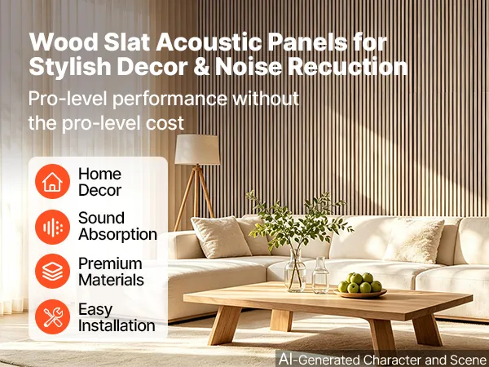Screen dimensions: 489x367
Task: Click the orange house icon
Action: tap(52, 181)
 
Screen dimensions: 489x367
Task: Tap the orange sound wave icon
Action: tap(52, 227)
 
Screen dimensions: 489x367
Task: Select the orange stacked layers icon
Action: tap(52, 271)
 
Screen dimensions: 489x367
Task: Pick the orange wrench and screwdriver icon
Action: tap(52, 316)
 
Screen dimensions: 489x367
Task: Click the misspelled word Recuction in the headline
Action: tap(347, 66)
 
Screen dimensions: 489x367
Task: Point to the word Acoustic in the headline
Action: tap(209, 42)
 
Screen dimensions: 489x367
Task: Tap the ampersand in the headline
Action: tap(201, 67)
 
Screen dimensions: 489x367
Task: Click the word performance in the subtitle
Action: tap(170, 99)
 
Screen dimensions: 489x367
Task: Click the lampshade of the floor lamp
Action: tap(197, 149)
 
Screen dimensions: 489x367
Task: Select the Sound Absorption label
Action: tap(117, 226)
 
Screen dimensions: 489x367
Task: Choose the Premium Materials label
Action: tap(111, 272)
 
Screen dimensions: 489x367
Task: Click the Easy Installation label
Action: tap(117, 318)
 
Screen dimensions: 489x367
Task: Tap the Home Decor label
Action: tap(99, 182)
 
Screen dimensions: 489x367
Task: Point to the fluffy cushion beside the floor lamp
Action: tap(221, 237)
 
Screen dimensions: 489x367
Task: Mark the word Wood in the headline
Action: tap(64, 42)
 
